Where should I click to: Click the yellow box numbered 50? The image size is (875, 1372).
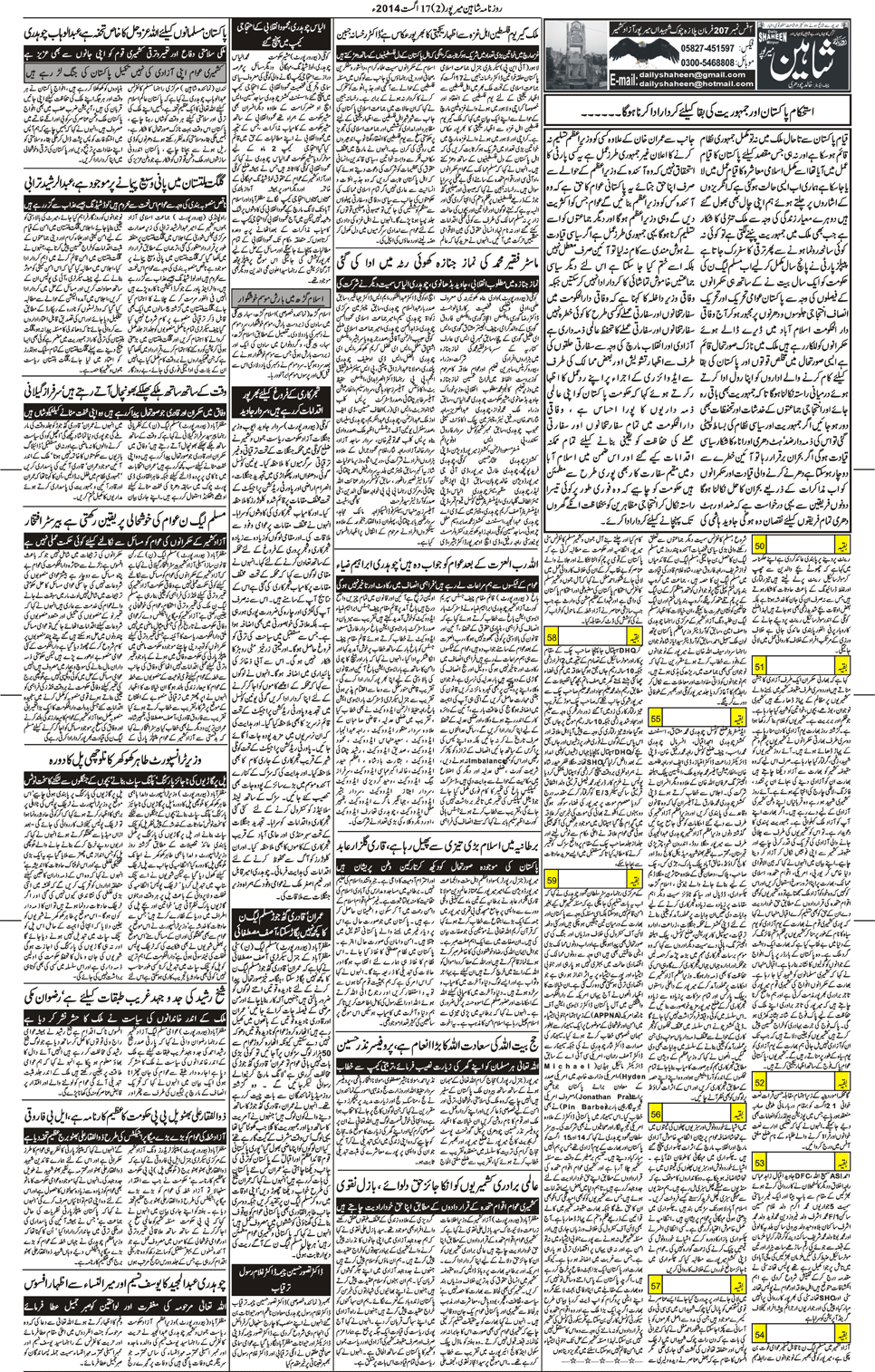tap(760, 546)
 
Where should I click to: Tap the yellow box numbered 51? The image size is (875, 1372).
tap(760, 667)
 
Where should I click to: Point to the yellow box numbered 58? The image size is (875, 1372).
tap(553, 638)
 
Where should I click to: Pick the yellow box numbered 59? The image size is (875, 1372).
tap(553, 879)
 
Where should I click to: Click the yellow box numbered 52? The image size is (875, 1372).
tap(760, 1083)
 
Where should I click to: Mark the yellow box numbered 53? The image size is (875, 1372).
tap(760, 1163)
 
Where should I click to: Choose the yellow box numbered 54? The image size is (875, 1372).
tap(760, 1334)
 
